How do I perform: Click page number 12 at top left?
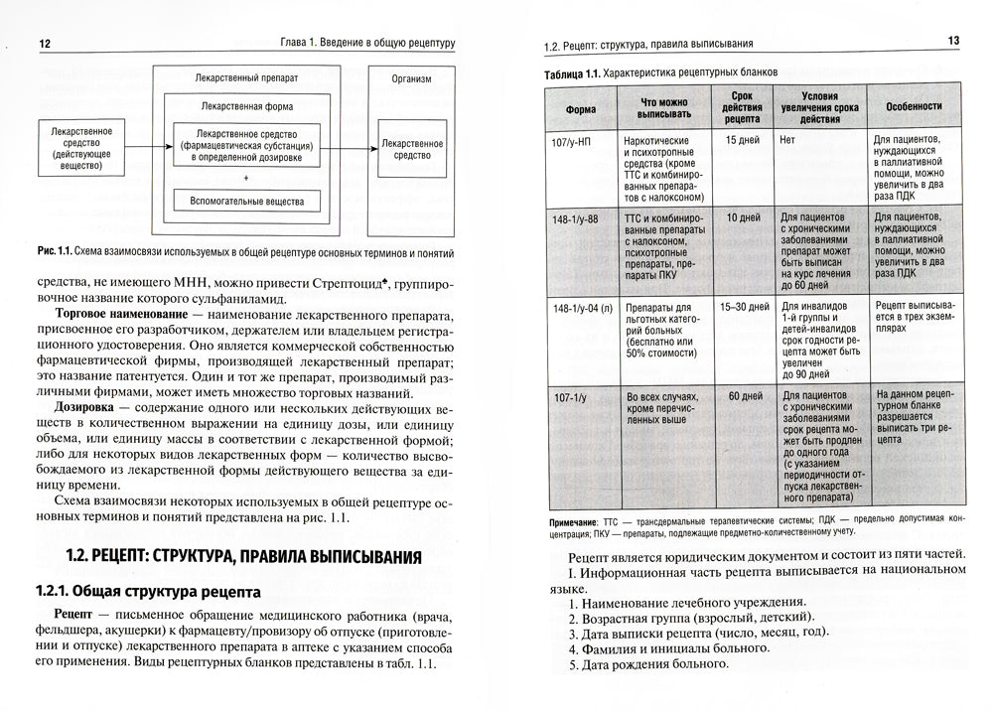click(x=44, y=43)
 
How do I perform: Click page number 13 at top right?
click(x=949, y=41)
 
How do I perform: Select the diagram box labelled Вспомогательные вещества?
click(x=247, y=202)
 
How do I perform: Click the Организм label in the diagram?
click(x=411, y=78)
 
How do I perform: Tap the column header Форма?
click(x=581, y=108)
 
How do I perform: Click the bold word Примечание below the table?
click(x=572, y=521)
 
